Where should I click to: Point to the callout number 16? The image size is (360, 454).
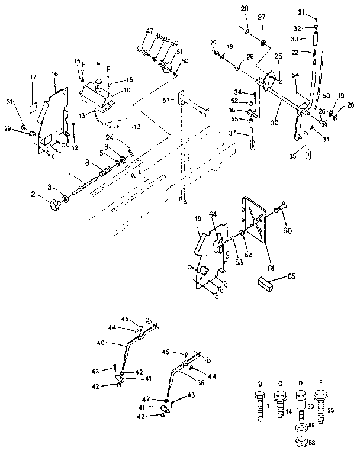(54, 73)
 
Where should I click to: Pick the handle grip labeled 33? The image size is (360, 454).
(316, 43)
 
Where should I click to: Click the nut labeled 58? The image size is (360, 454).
(301, 442)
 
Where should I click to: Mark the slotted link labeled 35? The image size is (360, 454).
(308, 153)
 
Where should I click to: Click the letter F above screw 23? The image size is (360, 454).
(322, 383)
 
